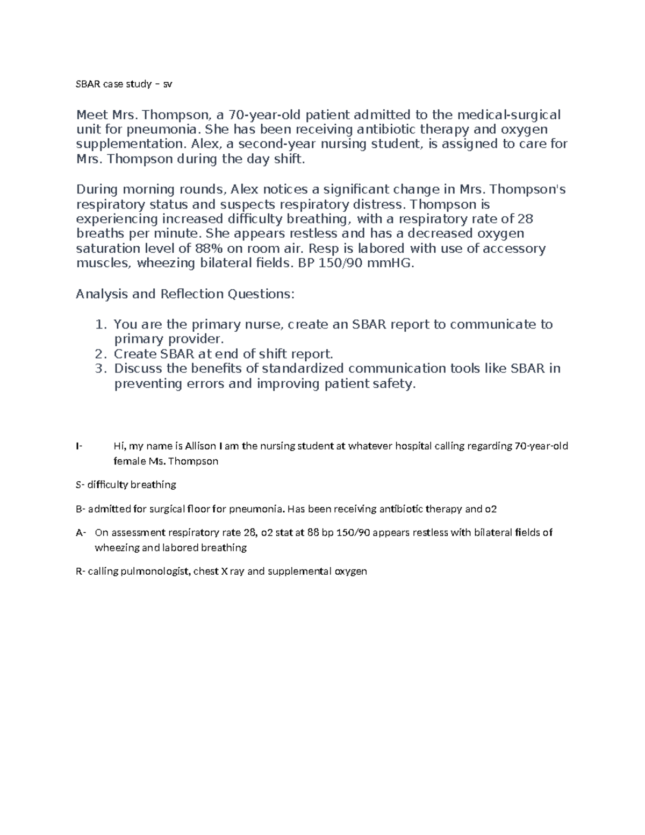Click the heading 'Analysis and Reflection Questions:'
tap(185, 294)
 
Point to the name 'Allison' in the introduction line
tap(200, 446)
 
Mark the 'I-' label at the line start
tap(79, 446)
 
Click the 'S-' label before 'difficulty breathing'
tap(80, 484)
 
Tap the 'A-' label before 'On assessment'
tap(81, 533)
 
